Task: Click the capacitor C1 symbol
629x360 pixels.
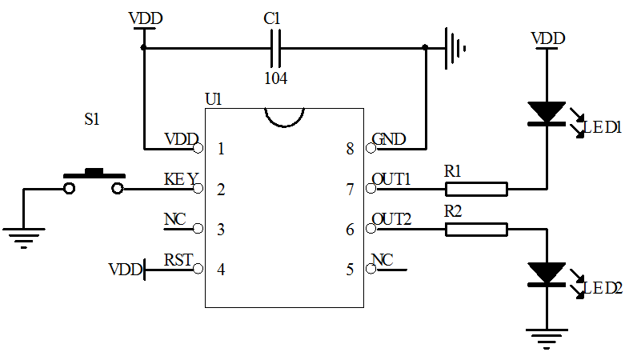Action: click(275, 48)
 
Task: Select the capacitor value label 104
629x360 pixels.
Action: click(275, 78)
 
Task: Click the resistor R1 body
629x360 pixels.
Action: click(476, 190)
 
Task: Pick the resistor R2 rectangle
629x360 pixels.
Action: click(476, 230)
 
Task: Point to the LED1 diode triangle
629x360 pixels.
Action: click(548, 113)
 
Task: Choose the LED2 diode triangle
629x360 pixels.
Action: click(548, 274)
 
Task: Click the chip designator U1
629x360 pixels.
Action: click(214, 99)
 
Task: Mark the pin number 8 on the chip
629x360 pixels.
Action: click(350, 149)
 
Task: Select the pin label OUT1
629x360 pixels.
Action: click(391, 179)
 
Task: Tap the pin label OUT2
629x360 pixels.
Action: click(391, 219)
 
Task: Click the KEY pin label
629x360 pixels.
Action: click(181, 179)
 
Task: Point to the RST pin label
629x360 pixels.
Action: click(178, 259)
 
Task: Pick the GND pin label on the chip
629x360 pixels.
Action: click(389, 139)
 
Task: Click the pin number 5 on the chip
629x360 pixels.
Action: click(350, 270)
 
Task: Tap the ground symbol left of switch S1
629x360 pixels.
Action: click(23, 236)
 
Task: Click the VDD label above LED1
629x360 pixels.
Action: click(548, 38)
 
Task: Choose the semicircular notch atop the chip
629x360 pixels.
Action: click(285, 118)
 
